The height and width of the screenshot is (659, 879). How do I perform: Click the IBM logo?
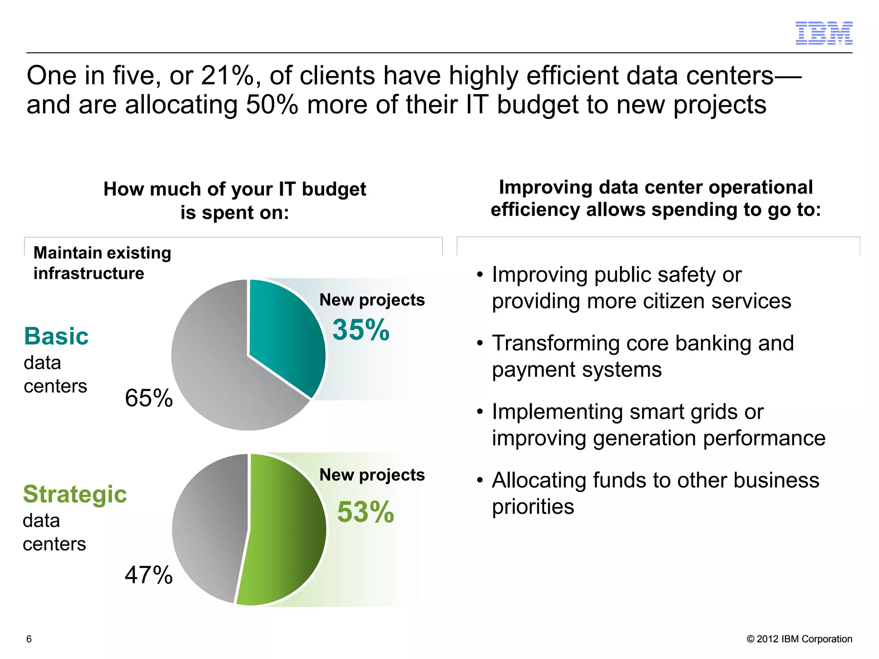pos(824,33)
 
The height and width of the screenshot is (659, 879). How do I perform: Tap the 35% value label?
pos(361,330)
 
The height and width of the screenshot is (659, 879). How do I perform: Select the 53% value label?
pos(365,512)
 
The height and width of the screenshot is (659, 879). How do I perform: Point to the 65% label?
pos(149,398)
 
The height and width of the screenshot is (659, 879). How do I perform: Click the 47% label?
pos(149,575)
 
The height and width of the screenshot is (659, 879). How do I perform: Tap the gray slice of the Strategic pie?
pos(210,528)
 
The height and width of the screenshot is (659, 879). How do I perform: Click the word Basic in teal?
pos(56,336)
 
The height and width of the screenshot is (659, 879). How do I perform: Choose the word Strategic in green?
pos(75,494)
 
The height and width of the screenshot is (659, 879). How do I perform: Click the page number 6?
pos(29,639)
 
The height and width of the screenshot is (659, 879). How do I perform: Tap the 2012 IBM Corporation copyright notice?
pos(799,639)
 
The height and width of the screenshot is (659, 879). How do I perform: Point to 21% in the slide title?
pos(227,76)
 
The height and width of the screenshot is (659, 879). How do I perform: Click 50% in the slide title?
pos(272,105)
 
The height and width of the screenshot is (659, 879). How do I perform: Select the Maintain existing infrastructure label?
pos(102,263)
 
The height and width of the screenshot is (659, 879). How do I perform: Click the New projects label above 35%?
pos(372,300)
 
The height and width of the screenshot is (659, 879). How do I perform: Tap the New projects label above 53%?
pos(372,475)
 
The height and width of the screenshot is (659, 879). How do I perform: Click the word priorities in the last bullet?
pos(533,507)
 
